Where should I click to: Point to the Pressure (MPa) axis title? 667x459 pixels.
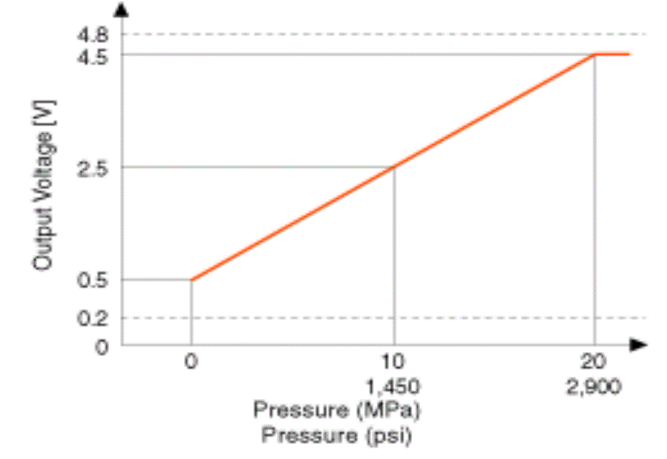pyautogui.click(x=337, y=411)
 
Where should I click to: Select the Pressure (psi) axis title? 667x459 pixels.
pyautogui.click(x=337, y=435)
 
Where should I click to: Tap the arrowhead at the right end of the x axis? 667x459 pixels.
pyautogui.click(x=639, y=344)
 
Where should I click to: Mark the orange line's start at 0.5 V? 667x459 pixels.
pyautogui.click(x=192, y=279)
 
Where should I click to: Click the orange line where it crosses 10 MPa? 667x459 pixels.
pyautogui.click(x=394, y=167)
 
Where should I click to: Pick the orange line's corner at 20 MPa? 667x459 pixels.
pyautogui.click(x=595, y=55)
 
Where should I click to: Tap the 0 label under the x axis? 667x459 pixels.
pyautogui.click(x=191, y=362)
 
